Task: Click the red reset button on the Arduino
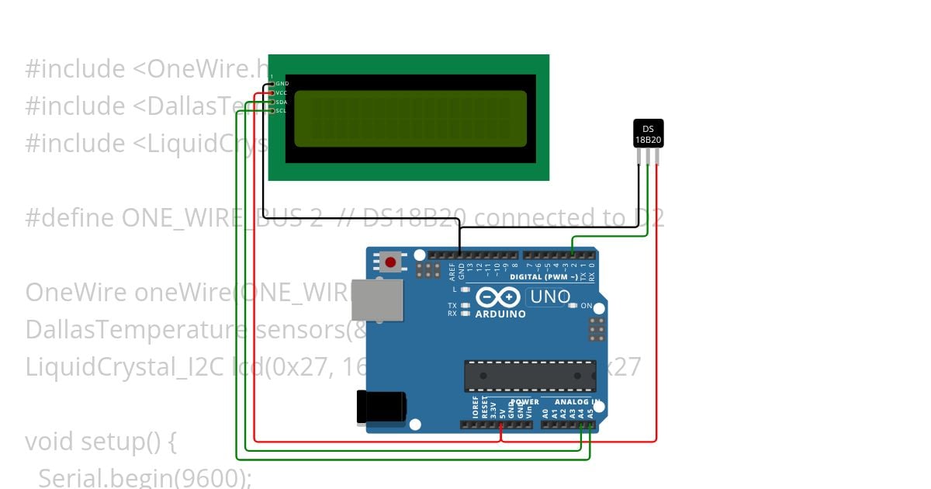coord(390,262)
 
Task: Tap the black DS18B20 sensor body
coord(648,134)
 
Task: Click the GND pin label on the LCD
coord(282,83)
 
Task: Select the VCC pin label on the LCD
coord(282,92)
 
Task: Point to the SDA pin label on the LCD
coord(282,102)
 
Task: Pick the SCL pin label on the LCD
coord(282,111)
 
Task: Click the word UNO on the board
coord(549,297)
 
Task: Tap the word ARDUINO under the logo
coord(500,314)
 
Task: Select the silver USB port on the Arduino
coord(377,300)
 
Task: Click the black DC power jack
coord(380,407)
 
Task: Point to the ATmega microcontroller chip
coord(530,376)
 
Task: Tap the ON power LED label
coord(587,306)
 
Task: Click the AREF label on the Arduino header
coord(452,270)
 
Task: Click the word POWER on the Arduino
coord(524,402)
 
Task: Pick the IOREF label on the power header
coord(475,408)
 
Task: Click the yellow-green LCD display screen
coord(410,119)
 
